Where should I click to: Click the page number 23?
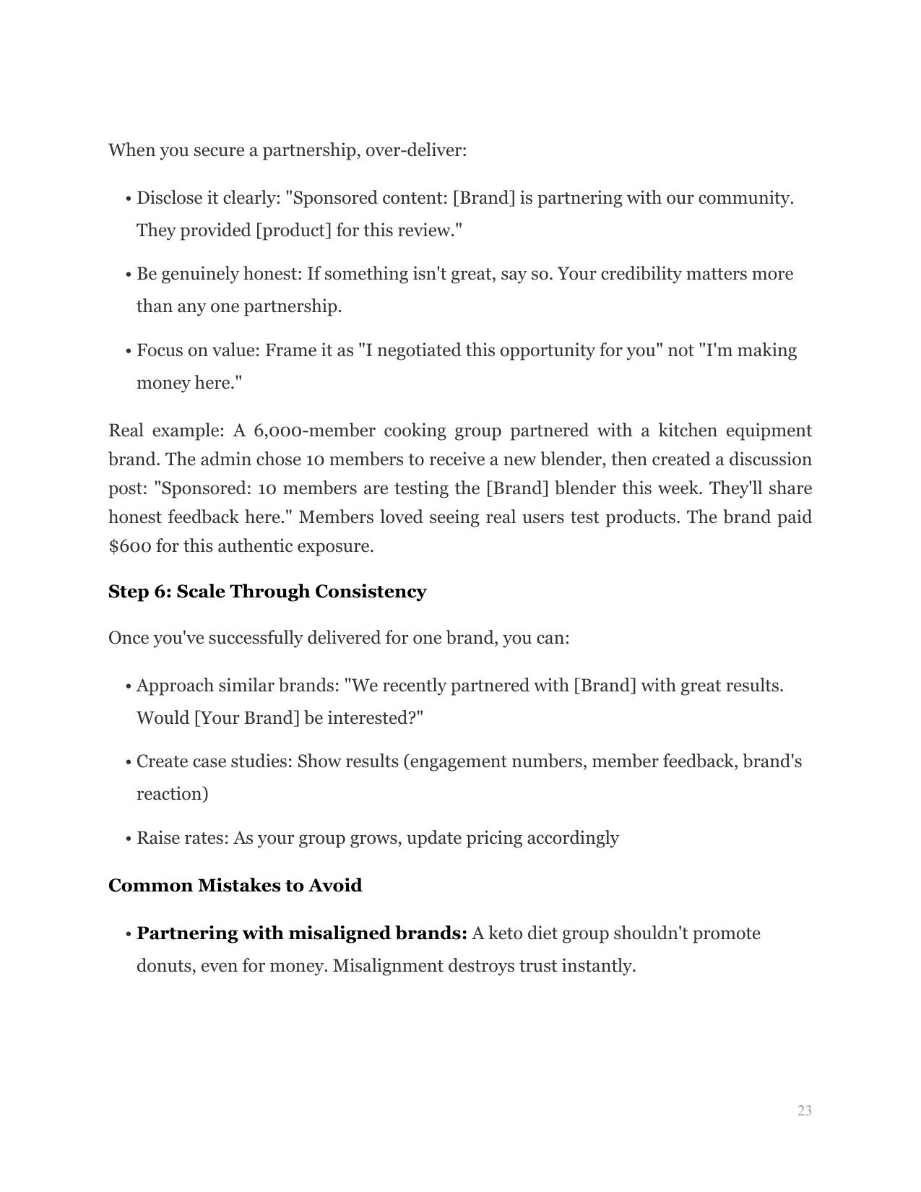[x=804, y=1110]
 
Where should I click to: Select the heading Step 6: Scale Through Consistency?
[x=267, y=592]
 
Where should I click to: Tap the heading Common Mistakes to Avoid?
[x=235, y=886]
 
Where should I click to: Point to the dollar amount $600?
[x=129, y=546]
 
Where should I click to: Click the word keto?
[x=506, y=933]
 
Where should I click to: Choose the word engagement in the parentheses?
[x=457, y=762]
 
